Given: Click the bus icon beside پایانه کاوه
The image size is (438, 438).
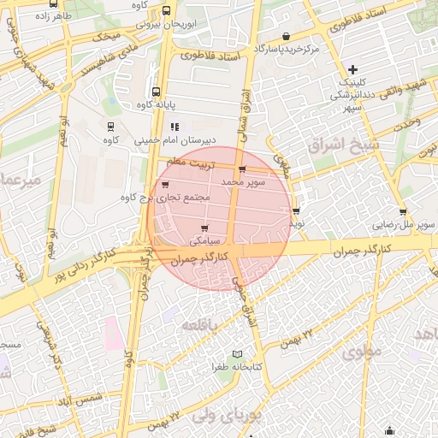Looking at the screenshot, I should (x=155, y=92).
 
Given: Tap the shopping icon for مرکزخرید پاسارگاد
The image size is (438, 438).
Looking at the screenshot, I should (x=285, y=36).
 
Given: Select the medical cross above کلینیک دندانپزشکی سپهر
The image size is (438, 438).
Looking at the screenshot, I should (x=353, y=68).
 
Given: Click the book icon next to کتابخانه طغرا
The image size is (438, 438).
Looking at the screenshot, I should (x=238, y=354).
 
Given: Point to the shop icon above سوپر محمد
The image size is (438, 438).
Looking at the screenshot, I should (x=243, y=169).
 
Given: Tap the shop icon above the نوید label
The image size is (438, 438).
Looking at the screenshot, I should (x=296, y=210).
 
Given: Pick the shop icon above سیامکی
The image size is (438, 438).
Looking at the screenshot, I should (x=204, y=228).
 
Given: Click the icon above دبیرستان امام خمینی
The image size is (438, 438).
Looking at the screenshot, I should (x=175, y=127).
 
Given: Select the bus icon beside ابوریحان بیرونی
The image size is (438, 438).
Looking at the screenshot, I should (x=165, y=11).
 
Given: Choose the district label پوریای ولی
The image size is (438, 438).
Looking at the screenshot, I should (x=225, y=417).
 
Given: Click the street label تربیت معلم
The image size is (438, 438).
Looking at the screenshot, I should (x=188, y=161).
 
